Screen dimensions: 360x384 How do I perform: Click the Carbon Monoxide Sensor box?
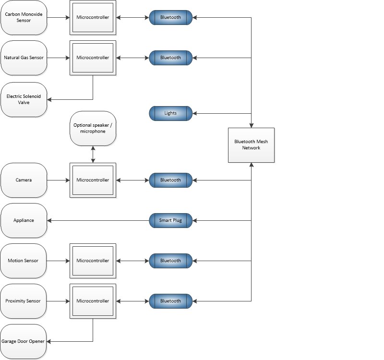pyautogui.click(x=24, y=17)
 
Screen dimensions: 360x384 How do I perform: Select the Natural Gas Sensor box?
pyautogui.click(x=24, y=58)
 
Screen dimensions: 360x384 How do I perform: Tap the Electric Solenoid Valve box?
pyautogui.click(x=24, y=99)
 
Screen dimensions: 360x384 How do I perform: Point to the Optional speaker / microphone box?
pyautogui.click(x=93, y=128)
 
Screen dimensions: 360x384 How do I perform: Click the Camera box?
pyautogui.click(x=24, y=180)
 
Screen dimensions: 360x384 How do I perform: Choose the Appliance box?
pyautogui.click(x=24, y=220)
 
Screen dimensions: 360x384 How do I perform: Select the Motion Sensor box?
pyautogui.click(x=24, y=261)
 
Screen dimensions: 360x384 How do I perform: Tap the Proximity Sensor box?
pyautogui.click(x=24, y=301)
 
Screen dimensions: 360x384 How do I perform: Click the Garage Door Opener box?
pyautogui.click(x=24, y=341)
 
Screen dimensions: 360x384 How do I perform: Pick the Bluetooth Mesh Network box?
pyautogui.click(x=251, y=144)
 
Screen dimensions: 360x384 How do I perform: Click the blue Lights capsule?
pyautogui.click(x=170, y=113)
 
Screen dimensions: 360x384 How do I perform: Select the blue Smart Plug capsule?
pyautogui.click(x=170, y=220)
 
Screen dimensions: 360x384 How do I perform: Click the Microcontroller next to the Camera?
pyautogui.click(x=93, y=180)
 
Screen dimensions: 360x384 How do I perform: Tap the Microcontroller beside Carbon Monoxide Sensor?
pyautogui.click(x=93, y=17)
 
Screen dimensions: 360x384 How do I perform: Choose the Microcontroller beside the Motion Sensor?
pyautogui.click(x=93, y=261)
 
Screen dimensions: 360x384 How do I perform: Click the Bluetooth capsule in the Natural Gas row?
pyautogui.click(x=170, y=58)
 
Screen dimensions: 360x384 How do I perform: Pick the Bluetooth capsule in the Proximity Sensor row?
pyautogui.click(x=170, y=301)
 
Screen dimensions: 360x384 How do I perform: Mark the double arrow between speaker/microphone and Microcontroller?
pyautogui.click(x=93, y=154)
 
